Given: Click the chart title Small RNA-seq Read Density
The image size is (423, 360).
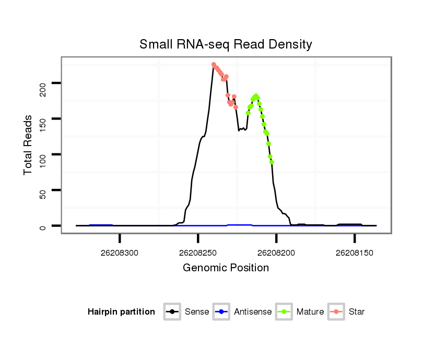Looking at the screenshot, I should pyautogui.click(x=226, y=44).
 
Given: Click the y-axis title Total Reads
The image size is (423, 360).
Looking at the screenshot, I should pyautogui.click(x=29, y=145).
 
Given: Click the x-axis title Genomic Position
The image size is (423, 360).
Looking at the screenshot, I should pyautogui.click(x=226, y=268).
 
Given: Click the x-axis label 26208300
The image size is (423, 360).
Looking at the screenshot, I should pyautogui.click(x=120, y=253).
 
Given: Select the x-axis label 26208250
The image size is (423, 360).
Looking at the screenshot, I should pyautogui.click(x=198, y=253).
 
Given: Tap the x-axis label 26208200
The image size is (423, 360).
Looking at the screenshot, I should pyautogui.click(x=276, y=253).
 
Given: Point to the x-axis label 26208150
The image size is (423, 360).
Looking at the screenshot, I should pyautogui.click(x=355, y=253).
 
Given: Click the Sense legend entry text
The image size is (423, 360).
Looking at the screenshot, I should pyautogui.click(x=197, y=312).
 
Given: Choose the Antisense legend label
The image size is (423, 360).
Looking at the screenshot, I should pyautogui.click(x=253, y=312).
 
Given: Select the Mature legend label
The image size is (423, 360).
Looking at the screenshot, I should pyautogui.click(x=310, y=312).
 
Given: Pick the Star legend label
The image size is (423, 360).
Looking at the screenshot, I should pyautogui.click(x=357, y=312).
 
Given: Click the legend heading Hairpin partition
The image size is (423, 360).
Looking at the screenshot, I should pyautogui.click(x=121, y=312).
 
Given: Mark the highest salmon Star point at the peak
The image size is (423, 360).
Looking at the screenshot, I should pyautogui.click(x=214, y=65).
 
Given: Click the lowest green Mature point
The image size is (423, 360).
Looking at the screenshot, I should pyautogui.click(x=272, y=162).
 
